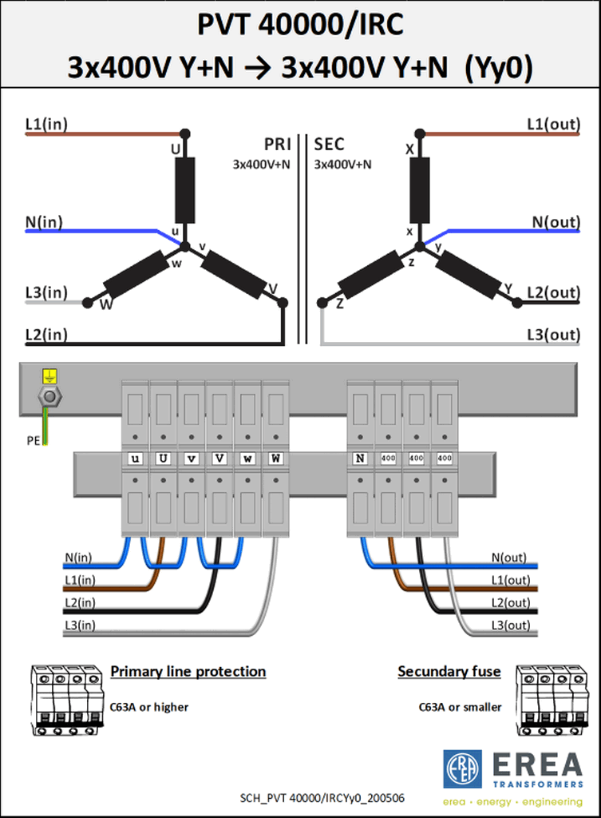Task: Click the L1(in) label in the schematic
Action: pyautogui.click(x=46, y=124)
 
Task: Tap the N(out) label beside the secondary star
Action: pyautogui.click(x=556, y=222)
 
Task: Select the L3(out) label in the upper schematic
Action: pyautogui.click(x=554, y=335)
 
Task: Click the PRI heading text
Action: pyautogui.click(x=277, y=144)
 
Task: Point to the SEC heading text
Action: pyautogui.click(x=329, y=144)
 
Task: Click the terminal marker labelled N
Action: pyautogui.click(x=360, y=458)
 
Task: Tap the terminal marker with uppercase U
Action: pyautogui.click(x=163, y=458)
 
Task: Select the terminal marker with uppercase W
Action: pyautogui.click(x=275, y=458)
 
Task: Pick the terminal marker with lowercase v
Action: pyautogui.click(x=192, y=458)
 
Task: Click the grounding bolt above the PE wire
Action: pyautogui.click(x=49, y=396)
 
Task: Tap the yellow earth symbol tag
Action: pyautogui.click(x=49, y=375)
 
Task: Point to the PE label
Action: pyautogui.click(x=34, y=441)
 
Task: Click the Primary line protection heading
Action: pyautogui.click(x=188, y=671)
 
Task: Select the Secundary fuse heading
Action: pyautogui.click(x=449, y=671)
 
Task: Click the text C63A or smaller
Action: pyautogui.click(x=460, y=707)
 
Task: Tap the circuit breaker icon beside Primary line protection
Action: pyautogui.click(x=66, y=700)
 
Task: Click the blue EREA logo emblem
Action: pyautogui.click(x=462, y=769)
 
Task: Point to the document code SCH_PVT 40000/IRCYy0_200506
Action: pyautogui.click(x=322, y=798)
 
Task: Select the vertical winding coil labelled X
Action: pyautogui.click(x=420, y=190)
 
